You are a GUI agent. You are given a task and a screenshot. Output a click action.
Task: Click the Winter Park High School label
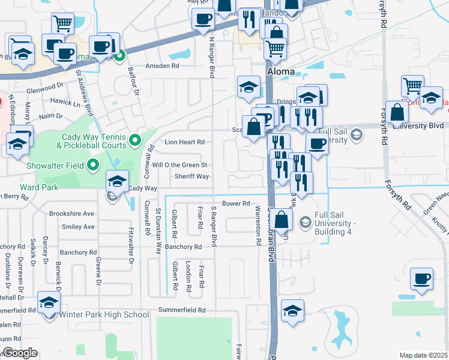pos(104,314)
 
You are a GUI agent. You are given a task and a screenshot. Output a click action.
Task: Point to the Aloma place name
pos(280,71)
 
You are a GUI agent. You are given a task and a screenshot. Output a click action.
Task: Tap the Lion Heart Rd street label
pos(184,142)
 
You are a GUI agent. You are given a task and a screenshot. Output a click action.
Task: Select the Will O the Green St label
pos(179,164)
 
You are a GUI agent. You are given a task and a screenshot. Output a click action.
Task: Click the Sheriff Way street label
pos(191,176)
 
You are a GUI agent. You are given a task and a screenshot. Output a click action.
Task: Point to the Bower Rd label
pos(235,204)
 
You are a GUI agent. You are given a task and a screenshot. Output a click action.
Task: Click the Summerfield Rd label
pos(182,310)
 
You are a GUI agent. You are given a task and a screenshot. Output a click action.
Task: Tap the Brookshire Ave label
pos(71,214)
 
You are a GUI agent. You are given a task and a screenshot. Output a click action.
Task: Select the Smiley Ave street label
pos(78,227)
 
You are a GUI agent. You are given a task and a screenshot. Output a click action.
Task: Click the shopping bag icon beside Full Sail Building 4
pos(281,219)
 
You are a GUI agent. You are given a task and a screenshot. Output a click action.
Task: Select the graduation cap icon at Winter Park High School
pos(49,302)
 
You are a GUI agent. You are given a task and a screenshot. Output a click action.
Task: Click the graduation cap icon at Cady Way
pos(118,181)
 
